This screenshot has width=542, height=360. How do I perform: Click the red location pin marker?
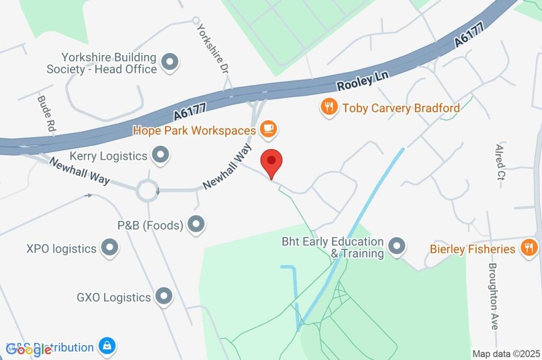(272, 161)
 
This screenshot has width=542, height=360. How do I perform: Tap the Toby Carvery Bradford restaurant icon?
(329, 108)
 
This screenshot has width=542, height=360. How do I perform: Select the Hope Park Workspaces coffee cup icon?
(269, 129)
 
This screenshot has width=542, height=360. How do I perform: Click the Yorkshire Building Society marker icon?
(170, 62)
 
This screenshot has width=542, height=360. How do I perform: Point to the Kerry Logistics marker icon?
(160, 156)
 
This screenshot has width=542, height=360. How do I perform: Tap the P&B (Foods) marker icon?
(196, 225)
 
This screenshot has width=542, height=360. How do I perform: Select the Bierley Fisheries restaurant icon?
(528, 248)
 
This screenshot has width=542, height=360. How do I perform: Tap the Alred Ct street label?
(500, 162)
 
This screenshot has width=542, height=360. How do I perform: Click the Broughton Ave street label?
(493, 296)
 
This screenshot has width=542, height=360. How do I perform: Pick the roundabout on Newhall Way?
(147, 190)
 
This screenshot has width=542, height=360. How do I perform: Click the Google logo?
(29, 349)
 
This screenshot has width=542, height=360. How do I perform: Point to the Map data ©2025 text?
(505, 354)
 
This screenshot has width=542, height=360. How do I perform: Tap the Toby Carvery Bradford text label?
(401, 108)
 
